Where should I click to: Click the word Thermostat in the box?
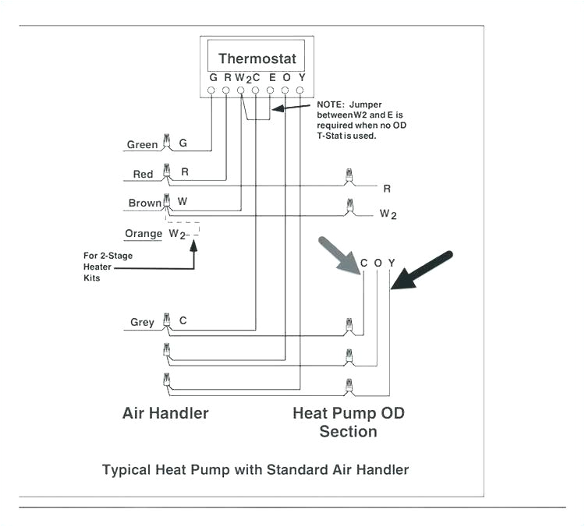click(x=257, y=58)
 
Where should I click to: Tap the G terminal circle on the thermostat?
click(x=212, y=91)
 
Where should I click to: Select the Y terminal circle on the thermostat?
click(x=300, y=91)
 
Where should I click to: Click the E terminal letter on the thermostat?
click(x=271, y=78)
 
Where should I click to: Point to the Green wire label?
click(x=142, y=145)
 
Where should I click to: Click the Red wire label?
click(x=143, y=175)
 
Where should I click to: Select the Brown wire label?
click(x=144, y=203)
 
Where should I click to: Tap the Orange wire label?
click(x=144, y=233)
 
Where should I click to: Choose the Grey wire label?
click(x=142, y=322)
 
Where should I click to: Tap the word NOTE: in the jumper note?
click(x=331, y=104)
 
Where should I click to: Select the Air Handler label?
click(x=165, y=413)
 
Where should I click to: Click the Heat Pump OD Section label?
click(x=349, y=422)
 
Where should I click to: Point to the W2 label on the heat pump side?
click(x=388, y=214)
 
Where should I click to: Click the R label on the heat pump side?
click(x=387, y=189)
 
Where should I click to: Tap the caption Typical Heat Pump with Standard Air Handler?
click(x=255, y=469)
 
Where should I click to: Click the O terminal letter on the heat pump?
click(x=378, y=263)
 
